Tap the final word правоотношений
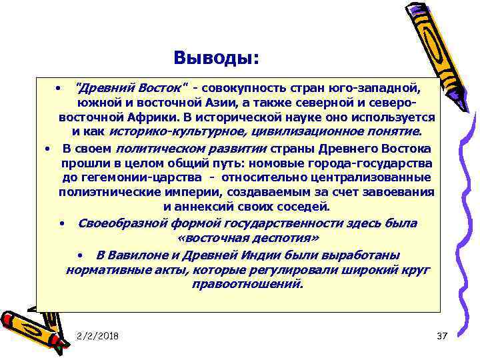click(247, 285)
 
